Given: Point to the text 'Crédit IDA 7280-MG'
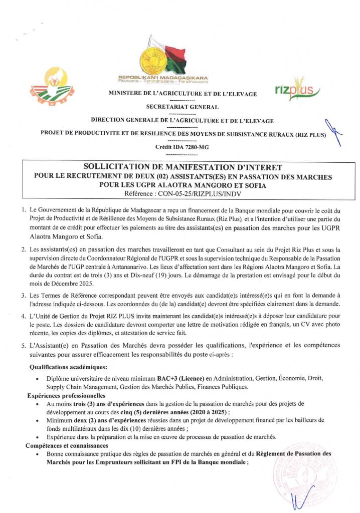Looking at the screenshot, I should [182, 147].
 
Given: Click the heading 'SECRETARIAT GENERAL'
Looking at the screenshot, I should [182, 107].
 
